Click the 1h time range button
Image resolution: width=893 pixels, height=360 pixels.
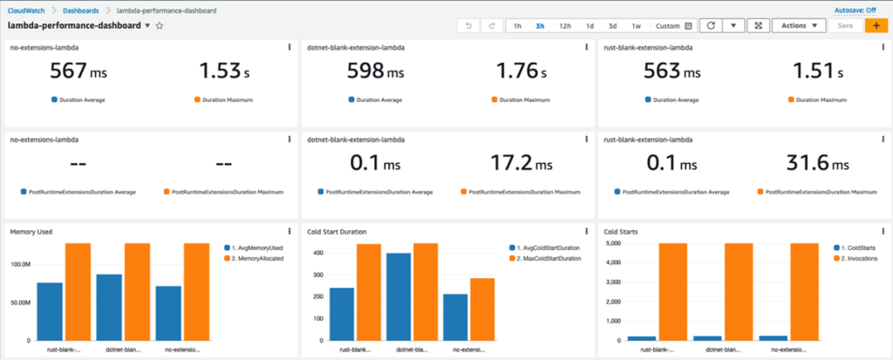coord(517,26)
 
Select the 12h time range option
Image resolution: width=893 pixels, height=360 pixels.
coord(565,26)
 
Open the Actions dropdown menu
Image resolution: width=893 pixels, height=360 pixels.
coord(799,26)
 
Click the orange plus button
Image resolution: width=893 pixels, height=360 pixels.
coord(875,26)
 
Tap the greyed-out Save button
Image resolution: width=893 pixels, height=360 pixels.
coord(845,26)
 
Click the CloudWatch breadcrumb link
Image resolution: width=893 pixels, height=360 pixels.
coord(30,10)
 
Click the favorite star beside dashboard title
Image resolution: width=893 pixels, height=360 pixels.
coord(160,27)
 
